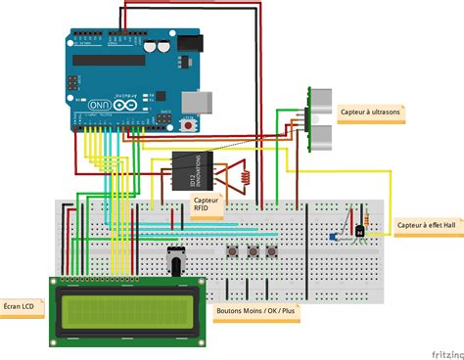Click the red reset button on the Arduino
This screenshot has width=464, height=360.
187,124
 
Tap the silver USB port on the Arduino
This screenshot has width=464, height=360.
195,101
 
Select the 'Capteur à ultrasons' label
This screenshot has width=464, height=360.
371,111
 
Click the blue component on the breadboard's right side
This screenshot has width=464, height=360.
334,238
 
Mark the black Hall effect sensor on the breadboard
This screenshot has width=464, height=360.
360,231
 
